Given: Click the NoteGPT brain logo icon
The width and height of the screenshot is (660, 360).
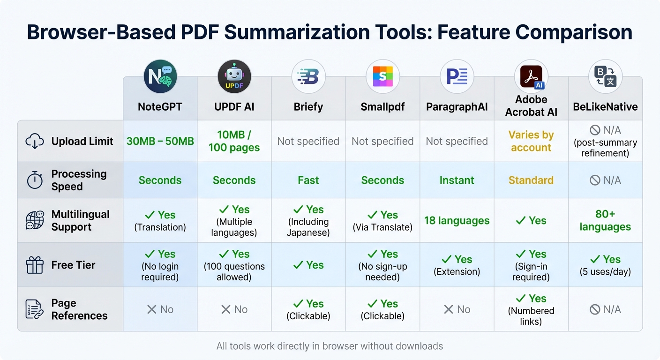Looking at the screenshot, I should pyautogui.click(x=160, y=76).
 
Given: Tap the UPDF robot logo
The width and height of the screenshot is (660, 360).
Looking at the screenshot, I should pyautogui.click(x=234, y=76).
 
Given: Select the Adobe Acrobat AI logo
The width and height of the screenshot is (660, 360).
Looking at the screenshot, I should pyautogui.click(x=531, y=76).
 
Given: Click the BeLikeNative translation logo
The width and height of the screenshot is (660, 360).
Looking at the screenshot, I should pyautogui.click(x=605, y=76).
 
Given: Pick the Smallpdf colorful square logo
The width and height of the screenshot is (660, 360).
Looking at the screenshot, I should pyautogui.click(x=382, y=76).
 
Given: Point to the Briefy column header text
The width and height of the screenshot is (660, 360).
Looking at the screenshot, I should pyautogui.click(x=308, y=107).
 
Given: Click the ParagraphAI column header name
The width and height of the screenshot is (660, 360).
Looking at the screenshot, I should pyautogui.click(x=457, y=107).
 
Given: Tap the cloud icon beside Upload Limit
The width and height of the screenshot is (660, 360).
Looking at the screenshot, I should pyautogui.click(x=35, y=141).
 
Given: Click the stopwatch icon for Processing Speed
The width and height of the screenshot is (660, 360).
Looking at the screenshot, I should pyautogui.click(x=35, y=180).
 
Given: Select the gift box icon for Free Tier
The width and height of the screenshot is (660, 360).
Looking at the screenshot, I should pyautogui.click(x=35, y=265).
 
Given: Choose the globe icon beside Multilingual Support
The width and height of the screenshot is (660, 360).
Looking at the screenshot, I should pyautogui.click(x=35, y=220).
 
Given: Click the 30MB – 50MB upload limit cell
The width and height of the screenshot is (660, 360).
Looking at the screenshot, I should pyautogui.click(x=160, y=141).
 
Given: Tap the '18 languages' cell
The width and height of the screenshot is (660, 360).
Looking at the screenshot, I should pyautogui.click(x=457, y=220).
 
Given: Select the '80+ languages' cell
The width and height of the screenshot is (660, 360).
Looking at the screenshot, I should pyautogui.click(x=605, y=220).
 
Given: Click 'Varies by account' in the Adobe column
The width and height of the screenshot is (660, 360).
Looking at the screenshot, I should pyautogui.click(x=531, y=141).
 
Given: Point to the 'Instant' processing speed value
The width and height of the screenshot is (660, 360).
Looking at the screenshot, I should pyautogui.click(x=457, y=180).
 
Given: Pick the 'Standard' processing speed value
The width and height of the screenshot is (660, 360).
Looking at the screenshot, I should pyautogui.click(x=531, y=180).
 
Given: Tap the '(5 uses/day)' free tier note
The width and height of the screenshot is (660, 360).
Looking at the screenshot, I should pyautogui.click(x=605, y=271).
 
